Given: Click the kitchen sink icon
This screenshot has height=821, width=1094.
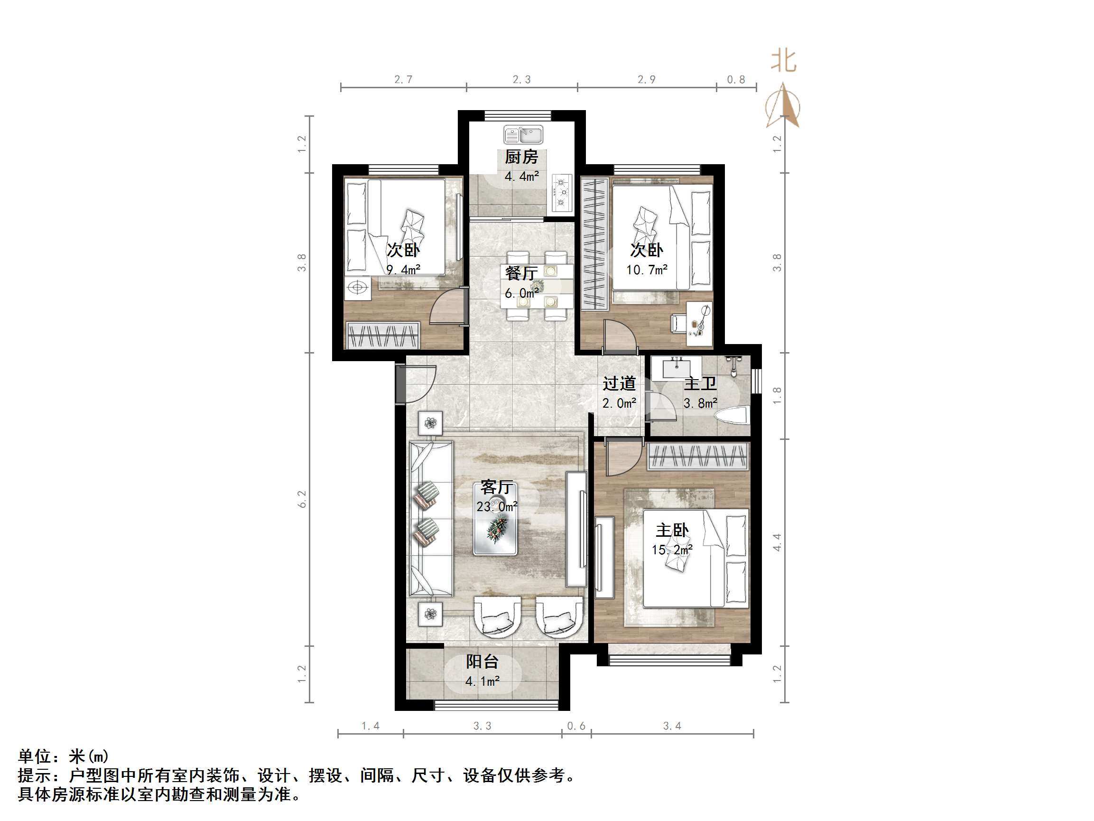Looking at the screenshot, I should tap(523, 135).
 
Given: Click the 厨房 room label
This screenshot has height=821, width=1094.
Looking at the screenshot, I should tap(521, 158).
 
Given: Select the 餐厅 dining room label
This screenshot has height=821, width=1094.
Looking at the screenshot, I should tap(521, 273).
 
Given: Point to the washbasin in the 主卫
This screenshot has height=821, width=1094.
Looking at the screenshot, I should tap(676, 369).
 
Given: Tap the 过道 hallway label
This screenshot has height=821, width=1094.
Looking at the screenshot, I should tap(619, 383).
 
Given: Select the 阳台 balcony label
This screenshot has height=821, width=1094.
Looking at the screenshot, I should tap(482, 662).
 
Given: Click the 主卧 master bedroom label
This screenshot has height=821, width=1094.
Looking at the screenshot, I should tap(672, 531).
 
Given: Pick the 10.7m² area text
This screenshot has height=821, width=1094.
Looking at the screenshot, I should tap(647, 270).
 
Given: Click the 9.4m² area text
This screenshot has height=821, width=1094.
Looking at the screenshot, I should tap(403, 270).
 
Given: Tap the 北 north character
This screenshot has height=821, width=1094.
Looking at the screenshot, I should tap(783, 61).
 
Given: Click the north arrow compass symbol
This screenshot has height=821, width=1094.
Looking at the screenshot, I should tap(783, 106).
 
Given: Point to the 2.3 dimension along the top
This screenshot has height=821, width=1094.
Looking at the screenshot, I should tap(521, 80).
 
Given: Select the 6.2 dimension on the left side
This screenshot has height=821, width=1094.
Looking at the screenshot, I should tap(302, 499).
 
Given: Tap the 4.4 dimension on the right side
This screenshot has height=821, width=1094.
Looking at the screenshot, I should tap(777, 542).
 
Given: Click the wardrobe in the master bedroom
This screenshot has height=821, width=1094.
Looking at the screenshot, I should tap(698, 456).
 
